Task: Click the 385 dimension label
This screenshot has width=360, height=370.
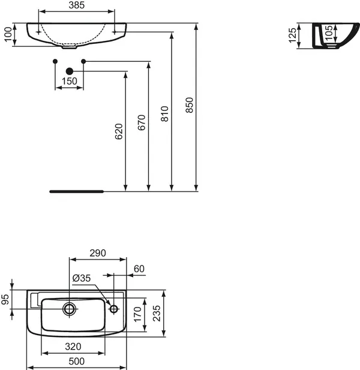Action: tap(76, 5)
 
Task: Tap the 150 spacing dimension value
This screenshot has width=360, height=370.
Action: tap(69, 81)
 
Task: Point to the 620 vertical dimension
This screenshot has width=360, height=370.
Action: tap(119, 132)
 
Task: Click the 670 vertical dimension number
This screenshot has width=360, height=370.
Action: tap(142, 123)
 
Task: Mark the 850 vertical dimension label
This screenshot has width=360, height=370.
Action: tap(190, 106)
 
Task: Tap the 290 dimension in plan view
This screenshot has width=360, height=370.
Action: tap(97, 253)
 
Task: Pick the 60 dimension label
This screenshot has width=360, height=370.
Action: tap(139, 269)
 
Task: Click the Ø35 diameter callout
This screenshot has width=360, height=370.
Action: tap(81, 278)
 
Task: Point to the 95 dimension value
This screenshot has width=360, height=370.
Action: tap(5, 299)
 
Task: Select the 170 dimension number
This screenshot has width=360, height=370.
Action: tap(137, 313)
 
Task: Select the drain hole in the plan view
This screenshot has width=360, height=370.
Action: tap(70, 309)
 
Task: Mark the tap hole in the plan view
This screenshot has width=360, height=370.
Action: tap(113, 309)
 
